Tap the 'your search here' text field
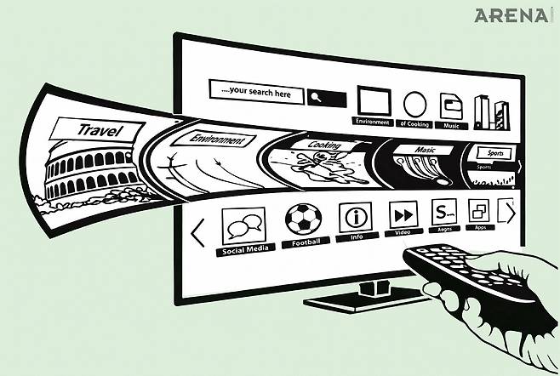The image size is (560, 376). (256, 92)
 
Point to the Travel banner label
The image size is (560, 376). (99, 130)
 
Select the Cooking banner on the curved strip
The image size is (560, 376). (324, 145)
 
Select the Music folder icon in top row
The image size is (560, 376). (451, 105)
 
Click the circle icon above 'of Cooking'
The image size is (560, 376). (414, 105)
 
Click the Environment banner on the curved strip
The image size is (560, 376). (218, 140)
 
